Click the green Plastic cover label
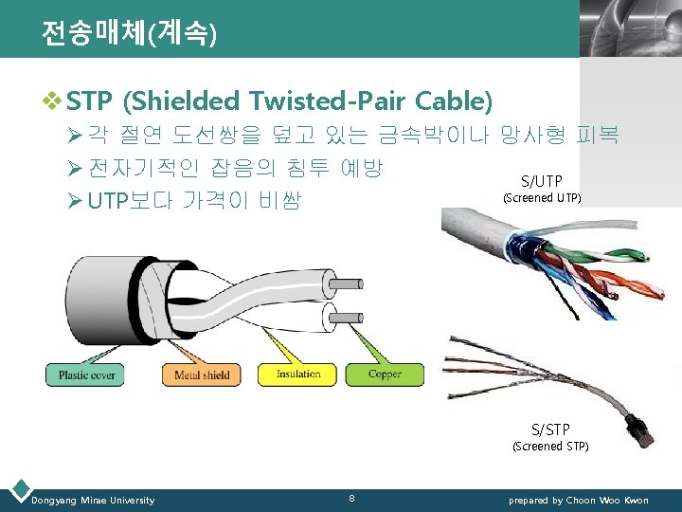87,375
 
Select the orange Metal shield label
202,375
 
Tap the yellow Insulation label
298,374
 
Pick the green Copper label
385,374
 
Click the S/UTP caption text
542,181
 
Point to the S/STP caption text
550,430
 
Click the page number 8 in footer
352,498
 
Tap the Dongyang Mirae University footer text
93,500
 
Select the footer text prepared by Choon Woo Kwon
579,500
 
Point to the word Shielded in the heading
185,100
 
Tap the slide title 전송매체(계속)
129,34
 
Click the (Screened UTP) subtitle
542,198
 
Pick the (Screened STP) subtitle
550,446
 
